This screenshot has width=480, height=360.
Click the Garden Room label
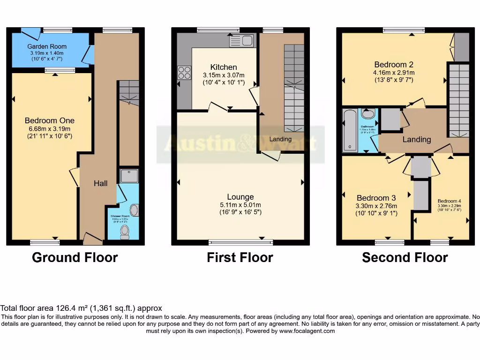click(x=47, y=46)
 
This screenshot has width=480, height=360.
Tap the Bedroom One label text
click(x=50, y=120)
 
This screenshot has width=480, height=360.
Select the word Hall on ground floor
click(x=101, y=184)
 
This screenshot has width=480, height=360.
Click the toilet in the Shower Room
click(x=125, y=232)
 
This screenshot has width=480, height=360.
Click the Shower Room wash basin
click(x=134, y=210)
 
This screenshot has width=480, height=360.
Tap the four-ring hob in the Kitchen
click(x=184, y=73)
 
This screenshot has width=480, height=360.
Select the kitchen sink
click(x=241, y=41)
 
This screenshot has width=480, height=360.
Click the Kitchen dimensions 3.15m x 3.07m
click(x=224, y=75)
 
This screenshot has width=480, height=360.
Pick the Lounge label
click(x=240, y=197)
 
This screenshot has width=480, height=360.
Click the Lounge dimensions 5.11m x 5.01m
click(x=240, y=205)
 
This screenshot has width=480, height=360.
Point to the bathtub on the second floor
click(x=349, y=130)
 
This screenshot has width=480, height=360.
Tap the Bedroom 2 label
click(x=394, y=65)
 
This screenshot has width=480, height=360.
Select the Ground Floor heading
click(x=75, y=257)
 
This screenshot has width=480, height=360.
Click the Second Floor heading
click(x=405, y=257)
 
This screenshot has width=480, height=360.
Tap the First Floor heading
click(x=240, y=257)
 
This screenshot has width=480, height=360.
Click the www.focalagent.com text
click(x=307, y=331)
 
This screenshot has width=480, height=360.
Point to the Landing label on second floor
click(x=417, y=139)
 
